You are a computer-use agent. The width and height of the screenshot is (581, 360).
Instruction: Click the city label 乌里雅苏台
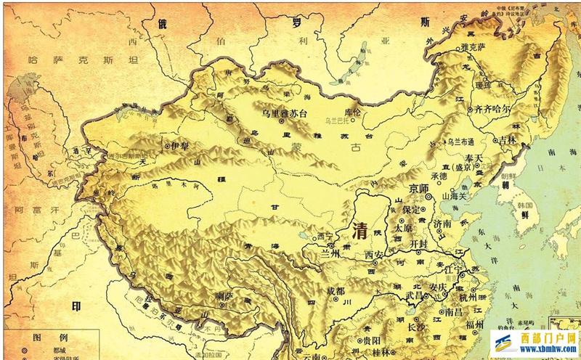coord(288,112)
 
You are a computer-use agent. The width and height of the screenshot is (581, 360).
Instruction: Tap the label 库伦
coord(352,112)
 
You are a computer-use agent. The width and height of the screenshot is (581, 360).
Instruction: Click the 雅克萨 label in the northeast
coord(473,46)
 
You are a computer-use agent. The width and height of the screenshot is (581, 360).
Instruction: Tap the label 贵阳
coord(372,339)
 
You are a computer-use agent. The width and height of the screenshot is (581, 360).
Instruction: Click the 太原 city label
coord(403,226)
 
